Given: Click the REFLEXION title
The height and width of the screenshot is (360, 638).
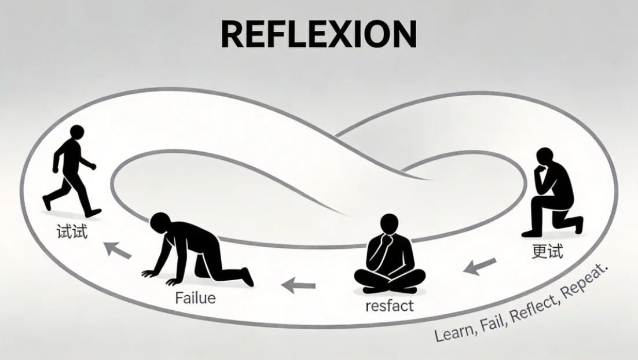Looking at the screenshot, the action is click(x=318, y=34).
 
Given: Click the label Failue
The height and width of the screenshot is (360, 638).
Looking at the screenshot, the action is click(x=195, y=299).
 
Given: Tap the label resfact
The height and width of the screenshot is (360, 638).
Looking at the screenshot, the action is click(x=390, y=305).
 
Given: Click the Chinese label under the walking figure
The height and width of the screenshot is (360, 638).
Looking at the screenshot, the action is click(x=72, y=233).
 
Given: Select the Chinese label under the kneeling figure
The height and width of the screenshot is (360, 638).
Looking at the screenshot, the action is click(x=547, y=252).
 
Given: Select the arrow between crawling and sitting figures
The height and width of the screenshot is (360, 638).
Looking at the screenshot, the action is click(x=298, y=284).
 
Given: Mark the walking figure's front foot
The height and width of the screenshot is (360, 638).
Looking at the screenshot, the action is click(x=93, y=213).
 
